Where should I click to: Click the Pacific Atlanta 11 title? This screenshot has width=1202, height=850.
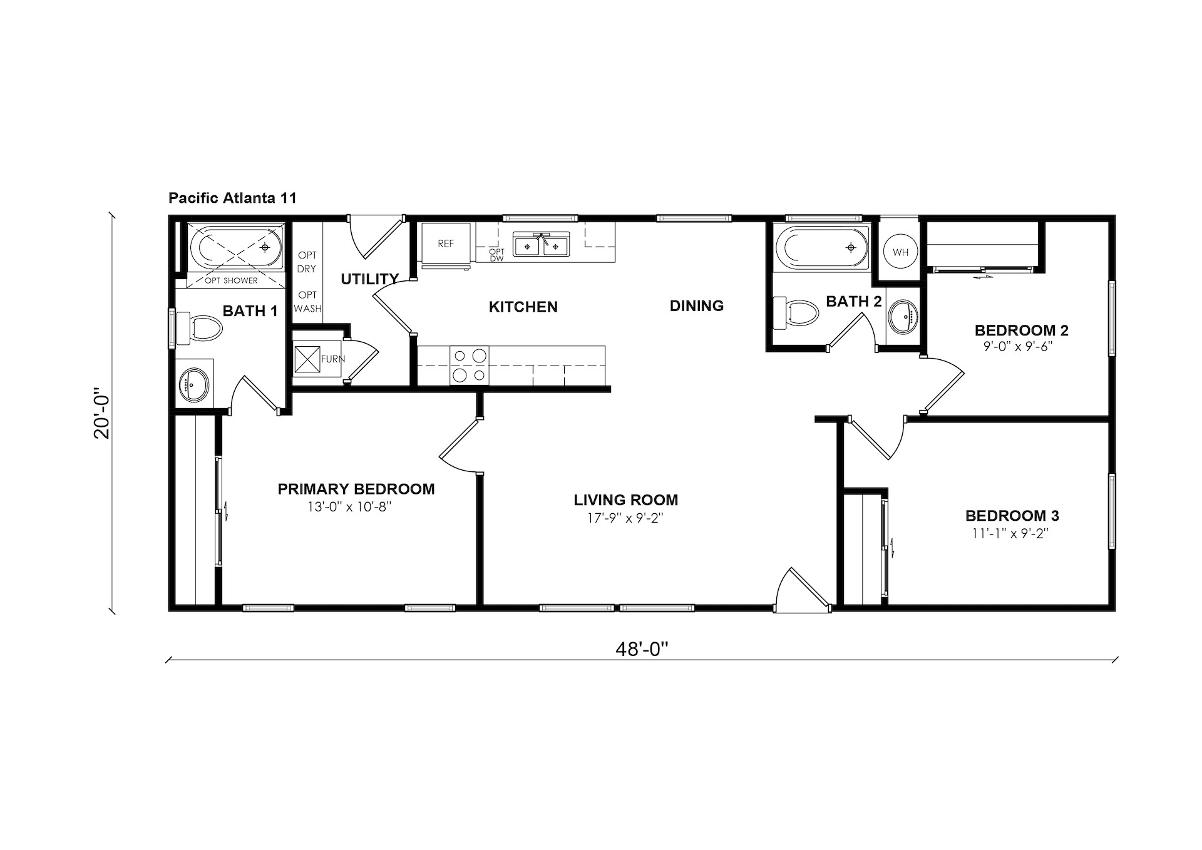[x=232, y=198]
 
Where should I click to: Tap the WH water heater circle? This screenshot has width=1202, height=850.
[x=900, y=252]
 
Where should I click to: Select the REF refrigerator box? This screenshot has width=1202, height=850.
[x=446, y=243]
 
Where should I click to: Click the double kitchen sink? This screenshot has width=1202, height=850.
[x=541, y=244]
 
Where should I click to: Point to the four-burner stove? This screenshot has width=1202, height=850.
[x=470, y=365]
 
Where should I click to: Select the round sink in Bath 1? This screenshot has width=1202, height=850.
[x=194, y=384]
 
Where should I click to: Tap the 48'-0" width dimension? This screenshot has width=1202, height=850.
[x=642, y=649]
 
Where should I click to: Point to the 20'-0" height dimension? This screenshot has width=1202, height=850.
[x=101, y=416]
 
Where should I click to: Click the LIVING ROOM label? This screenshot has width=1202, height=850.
[x=626, y=500]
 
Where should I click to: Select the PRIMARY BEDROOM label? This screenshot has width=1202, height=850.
[x=356, y=489]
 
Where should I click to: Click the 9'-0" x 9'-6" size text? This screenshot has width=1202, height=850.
[x=1017, y=346]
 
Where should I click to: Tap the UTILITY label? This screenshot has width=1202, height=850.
[x=369, y=279]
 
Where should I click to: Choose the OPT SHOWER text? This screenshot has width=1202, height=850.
[x=231, y=280]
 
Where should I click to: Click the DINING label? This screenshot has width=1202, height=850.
[x=697, y=305]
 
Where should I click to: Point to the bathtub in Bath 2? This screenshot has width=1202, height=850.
[x=823, y=247]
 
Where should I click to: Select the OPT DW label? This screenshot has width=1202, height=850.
[x=496, y=255]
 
